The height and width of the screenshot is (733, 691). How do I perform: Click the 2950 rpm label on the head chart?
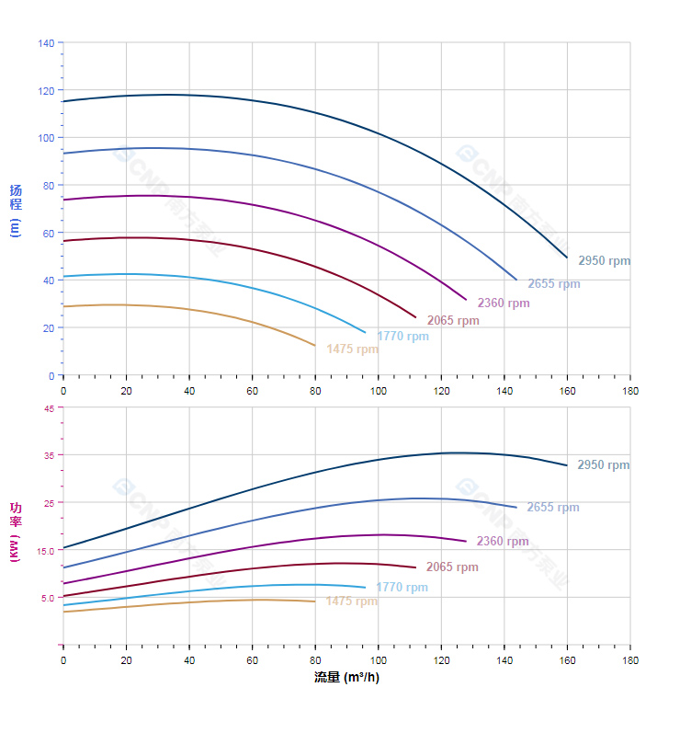pyautogui.click(x=604, y=261)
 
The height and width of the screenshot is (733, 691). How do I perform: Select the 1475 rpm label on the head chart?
pyautogui.click(x=352, y=349)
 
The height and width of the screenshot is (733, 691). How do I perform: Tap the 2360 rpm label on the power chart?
pyautogui.click(x=503, y=542)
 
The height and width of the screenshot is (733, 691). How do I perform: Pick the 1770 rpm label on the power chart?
pyautogui.click(x=402, y=588)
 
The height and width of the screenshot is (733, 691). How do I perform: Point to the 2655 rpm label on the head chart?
pyautogui.click(x=553, y=284)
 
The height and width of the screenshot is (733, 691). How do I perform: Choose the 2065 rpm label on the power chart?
pyautogui.click(x=452, y=567)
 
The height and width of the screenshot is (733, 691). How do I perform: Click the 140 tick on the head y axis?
pyautogui.click(x=46, y=43)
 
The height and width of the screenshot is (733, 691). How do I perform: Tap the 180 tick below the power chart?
pyautogui.click(x=630, y=661)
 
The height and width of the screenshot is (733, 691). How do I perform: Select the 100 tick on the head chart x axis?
pyautogui.click(x=378, y=391)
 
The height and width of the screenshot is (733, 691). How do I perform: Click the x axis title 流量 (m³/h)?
pyautogui.click(x=345, y=678)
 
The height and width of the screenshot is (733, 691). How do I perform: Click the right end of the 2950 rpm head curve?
pyautogui.click(x=567, y=258)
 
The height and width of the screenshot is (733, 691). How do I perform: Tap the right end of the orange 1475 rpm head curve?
pyautogui.click(x=314, y=346)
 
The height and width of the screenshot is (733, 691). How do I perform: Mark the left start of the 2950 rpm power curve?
pyautogui.click(x=63, y=548)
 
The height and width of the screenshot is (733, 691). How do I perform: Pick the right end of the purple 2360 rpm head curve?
pyautogui.click(x=466, y=300)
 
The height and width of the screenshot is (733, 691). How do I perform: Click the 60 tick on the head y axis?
pyautogui.click(x=48, y=233)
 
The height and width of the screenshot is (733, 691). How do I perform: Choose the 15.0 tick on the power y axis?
pyautogui.click(x=45, y=550)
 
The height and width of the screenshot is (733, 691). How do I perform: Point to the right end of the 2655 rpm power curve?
pyautogui.click(x=516, y=508)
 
